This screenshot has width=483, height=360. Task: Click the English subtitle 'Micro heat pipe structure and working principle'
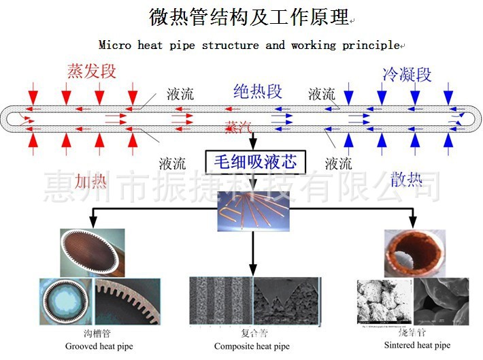(x=249, y=46)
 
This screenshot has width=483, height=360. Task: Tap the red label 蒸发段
(x=92, y=71)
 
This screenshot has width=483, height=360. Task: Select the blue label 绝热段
(x=257, y=91)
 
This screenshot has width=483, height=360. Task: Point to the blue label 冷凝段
(x=407, y=74)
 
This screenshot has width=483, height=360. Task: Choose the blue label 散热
(x=406, y=179)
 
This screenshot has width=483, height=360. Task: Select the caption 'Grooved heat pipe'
(x=99, y=346)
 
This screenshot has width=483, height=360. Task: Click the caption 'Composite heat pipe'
(x=252, y=346)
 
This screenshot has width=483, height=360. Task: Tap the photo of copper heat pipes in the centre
(x=252, y=210)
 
